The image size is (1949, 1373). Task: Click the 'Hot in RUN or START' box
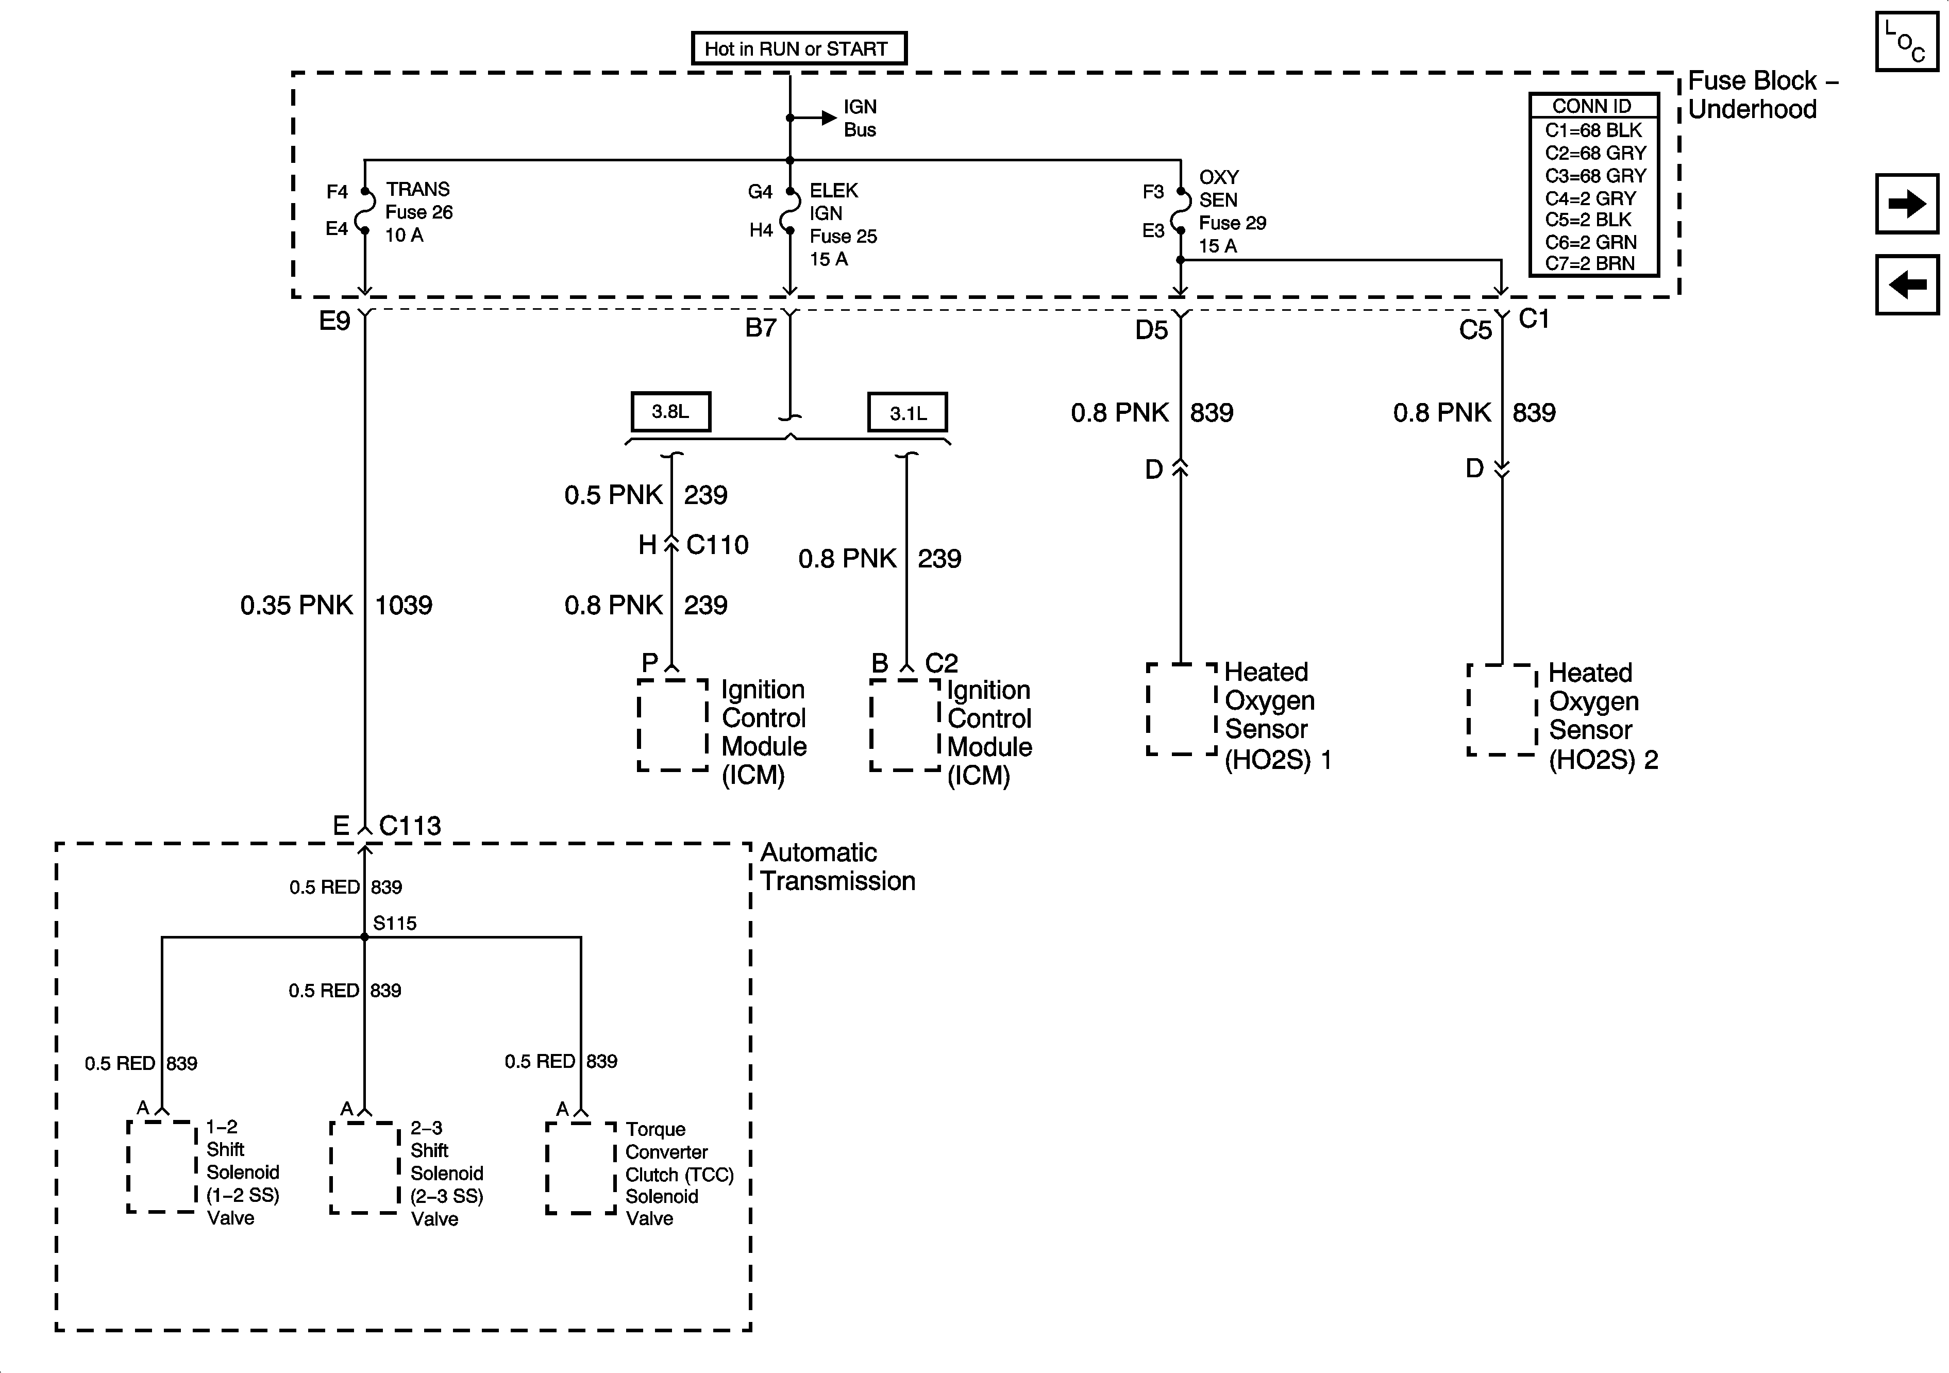point(799,48)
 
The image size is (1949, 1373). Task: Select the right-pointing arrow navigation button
point(1907,203)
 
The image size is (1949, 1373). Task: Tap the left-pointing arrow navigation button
point(1907,284)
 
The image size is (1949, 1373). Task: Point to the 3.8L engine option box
point(670,412)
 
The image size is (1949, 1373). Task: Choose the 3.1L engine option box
point(908,413)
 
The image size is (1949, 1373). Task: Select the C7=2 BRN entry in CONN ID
point(1589,263)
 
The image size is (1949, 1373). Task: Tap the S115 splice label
point(395,923)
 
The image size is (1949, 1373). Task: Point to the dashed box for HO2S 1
point(1182,709)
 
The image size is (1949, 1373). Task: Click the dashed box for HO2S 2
point(1502,710)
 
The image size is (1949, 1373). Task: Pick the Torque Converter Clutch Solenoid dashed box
point(581,1167)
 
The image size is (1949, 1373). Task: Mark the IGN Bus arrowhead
point(829,118)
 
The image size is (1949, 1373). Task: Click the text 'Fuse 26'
point(419,212)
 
